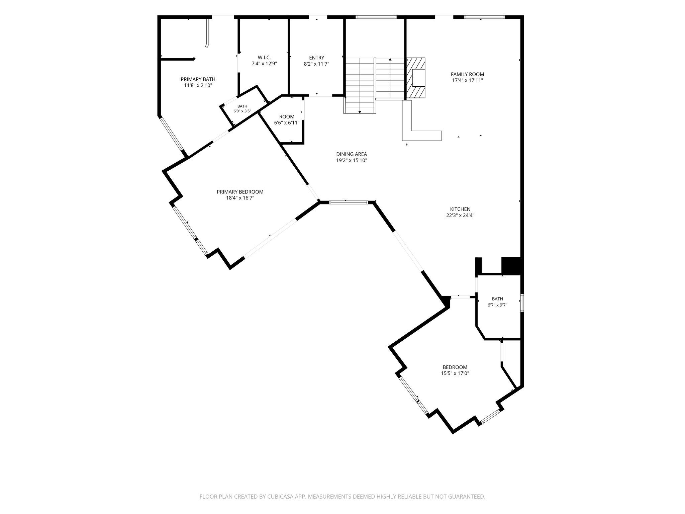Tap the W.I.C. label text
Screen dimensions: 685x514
tap(264, 58)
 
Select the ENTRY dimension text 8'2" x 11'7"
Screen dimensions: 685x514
tap(316, 64)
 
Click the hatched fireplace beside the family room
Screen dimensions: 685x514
tap(415, 78)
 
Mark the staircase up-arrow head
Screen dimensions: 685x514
tap(390, 60)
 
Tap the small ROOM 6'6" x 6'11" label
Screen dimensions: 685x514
tap(287, 120)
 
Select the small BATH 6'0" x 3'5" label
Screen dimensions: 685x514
tap(242, 109)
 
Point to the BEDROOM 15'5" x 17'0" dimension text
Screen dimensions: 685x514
tap(455, 373)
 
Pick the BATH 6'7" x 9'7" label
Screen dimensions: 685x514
tap(497, 302)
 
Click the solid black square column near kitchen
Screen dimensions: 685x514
tap(511, 266)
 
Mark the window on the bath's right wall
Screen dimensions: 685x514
tap(522, 303)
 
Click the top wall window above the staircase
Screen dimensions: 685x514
tap(376, 17)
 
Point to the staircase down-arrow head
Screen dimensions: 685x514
tap(360, 112)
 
